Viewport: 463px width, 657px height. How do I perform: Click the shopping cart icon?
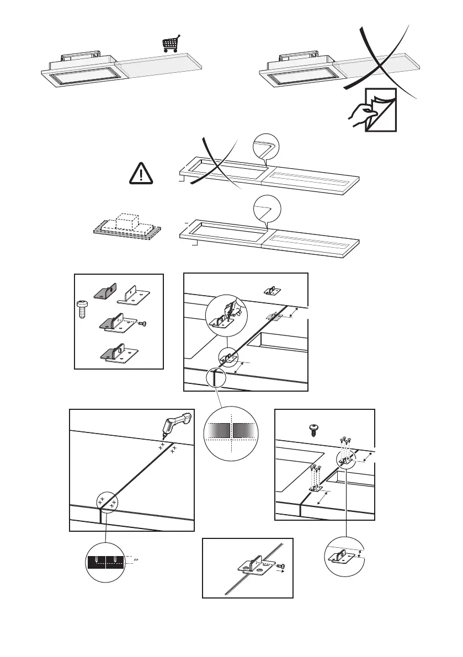172,44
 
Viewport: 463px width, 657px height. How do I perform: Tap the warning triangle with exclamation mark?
142,174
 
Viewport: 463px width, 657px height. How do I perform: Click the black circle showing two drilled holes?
107,562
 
